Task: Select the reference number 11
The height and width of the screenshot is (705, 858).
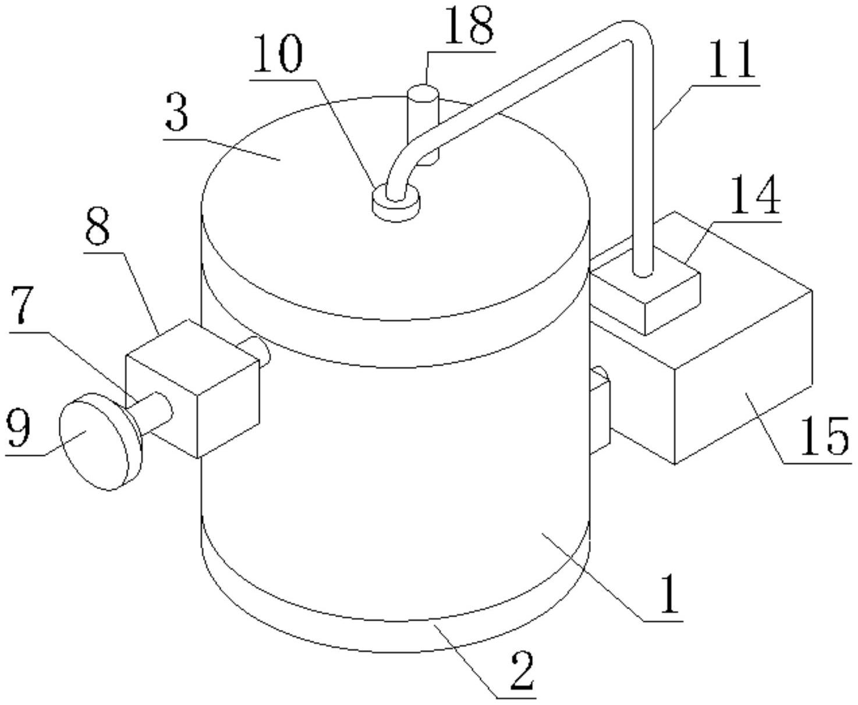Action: [733, 59]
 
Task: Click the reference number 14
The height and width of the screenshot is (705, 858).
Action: [756, 195]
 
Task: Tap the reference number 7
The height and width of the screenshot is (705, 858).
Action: [22, 305]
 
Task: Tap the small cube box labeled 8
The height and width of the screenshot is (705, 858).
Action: [193, 389]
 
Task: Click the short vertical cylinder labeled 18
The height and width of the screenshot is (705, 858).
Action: [423, 122]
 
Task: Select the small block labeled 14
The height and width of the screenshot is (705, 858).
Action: [645, 291]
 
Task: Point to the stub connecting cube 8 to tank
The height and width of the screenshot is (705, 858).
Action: [254, 350]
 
